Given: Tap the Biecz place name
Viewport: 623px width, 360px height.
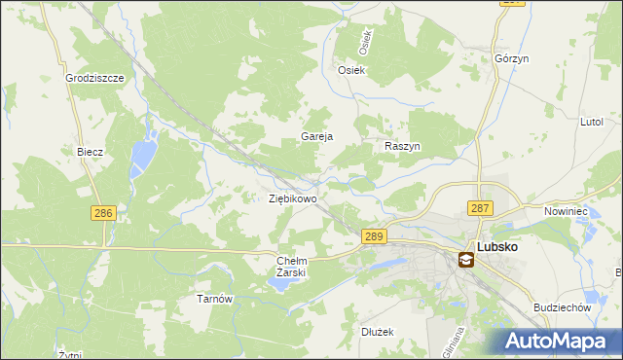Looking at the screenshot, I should (90, 152).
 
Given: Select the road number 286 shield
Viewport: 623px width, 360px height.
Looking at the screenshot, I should (102, 213).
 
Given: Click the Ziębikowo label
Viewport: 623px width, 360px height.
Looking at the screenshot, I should (292, 198).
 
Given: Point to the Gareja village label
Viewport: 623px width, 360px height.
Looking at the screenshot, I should (317, 136).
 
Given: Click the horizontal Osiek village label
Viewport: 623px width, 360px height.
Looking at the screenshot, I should (350, 70).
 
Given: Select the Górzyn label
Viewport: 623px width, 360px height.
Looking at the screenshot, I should (511, 58).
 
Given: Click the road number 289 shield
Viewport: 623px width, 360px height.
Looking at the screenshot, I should (375, 236).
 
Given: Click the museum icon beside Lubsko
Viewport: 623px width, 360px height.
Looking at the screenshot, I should (466, 258).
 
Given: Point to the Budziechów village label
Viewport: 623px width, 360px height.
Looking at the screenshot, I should (563, 307).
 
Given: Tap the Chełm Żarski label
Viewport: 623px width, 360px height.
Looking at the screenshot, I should (292, 267).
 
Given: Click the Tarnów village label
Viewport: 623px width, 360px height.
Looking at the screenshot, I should (214, 299).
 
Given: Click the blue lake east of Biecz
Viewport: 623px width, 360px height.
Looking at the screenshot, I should (143, 152).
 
